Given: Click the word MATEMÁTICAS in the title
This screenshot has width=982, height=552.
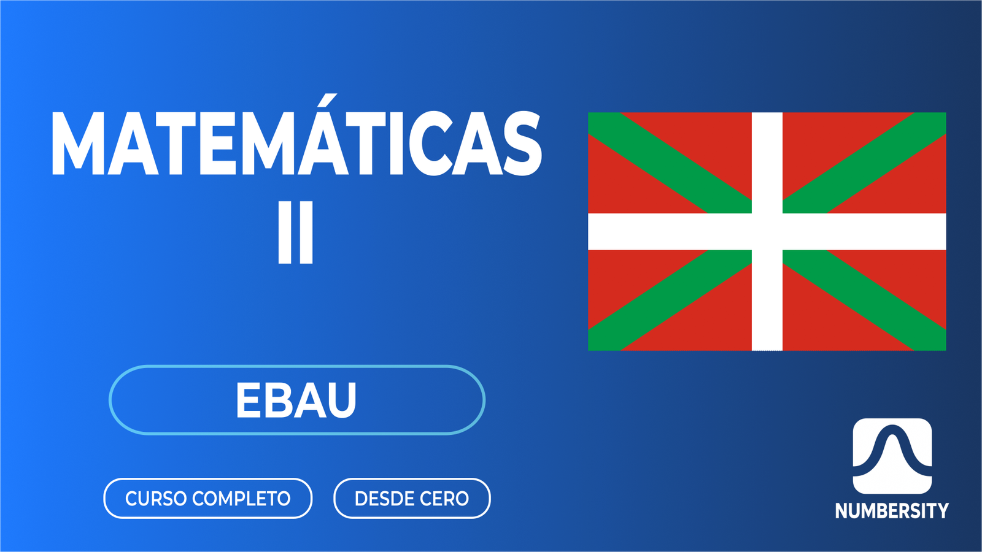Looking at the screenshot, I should click(296, 144).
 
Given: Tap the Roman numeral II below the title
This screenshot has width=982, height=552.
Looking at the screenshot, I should click(295, 232).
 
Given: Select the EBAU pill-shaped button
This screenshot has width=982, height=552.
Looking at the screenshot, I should click(296, 400).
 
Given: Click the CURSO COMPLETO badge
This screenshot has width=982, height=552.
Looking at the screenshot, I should click(207, 498).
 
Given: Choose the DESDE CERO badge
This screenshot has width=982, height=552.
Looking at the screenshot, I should click(411, 498).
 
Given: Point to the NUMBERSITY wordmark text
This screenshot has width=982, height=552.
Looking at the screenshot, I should click(891, 511).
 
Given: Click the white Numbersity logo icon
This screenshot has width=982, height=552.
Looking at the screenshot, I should click(892, 456).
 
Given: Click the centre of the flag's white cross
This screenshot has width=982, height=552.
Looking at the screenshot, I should click(767, 231).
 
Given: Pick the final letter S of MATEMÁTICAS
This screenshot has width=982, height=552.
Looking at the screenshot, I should click(522, 145).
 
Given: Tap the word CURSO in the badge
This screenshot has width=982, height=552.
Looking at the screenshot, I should click(156, 499).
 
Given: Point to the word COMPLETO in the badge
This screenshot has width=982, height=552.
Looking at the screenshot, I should click(241, 499).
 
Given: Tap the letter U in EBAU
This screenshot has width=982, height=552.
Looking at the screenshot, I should click(342, 401).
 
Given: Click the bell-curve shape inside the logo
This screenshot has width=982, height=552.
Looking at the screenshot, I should click(892, 451).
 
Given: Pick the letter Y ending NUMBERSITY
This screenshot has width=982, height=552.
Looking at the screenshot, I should click(941, 511).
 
